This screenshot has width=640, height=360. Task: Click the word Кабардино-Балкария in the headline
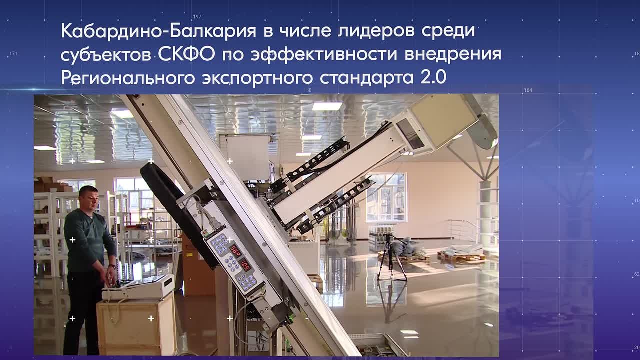point(158,31)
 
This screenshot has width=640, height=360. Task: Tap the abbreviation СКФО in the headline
point(186,54)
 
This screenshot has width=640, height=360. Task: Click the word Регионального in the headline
point(128,78)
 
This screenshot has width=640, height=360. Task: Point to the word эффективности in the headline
point(324,54)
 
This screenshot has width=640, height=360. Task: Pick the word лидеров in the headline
point(376,31)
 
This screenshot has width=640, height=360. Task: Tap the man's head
point(89,197)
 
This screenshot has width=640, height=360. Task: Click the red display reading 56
point(236,251)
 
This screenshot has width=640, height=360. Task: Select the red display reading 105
point(245,265)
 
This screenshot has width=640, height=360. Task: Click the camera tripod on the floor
point(391,258)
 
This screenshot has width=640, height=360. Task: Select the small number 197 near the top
point(197,17)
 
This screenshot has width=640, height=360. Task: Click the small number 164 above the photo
point(528,90)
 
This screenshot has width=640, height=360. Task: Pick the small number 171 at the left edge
point(13,53)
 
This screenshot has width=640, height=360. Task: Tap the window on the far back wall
point(386,197)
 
